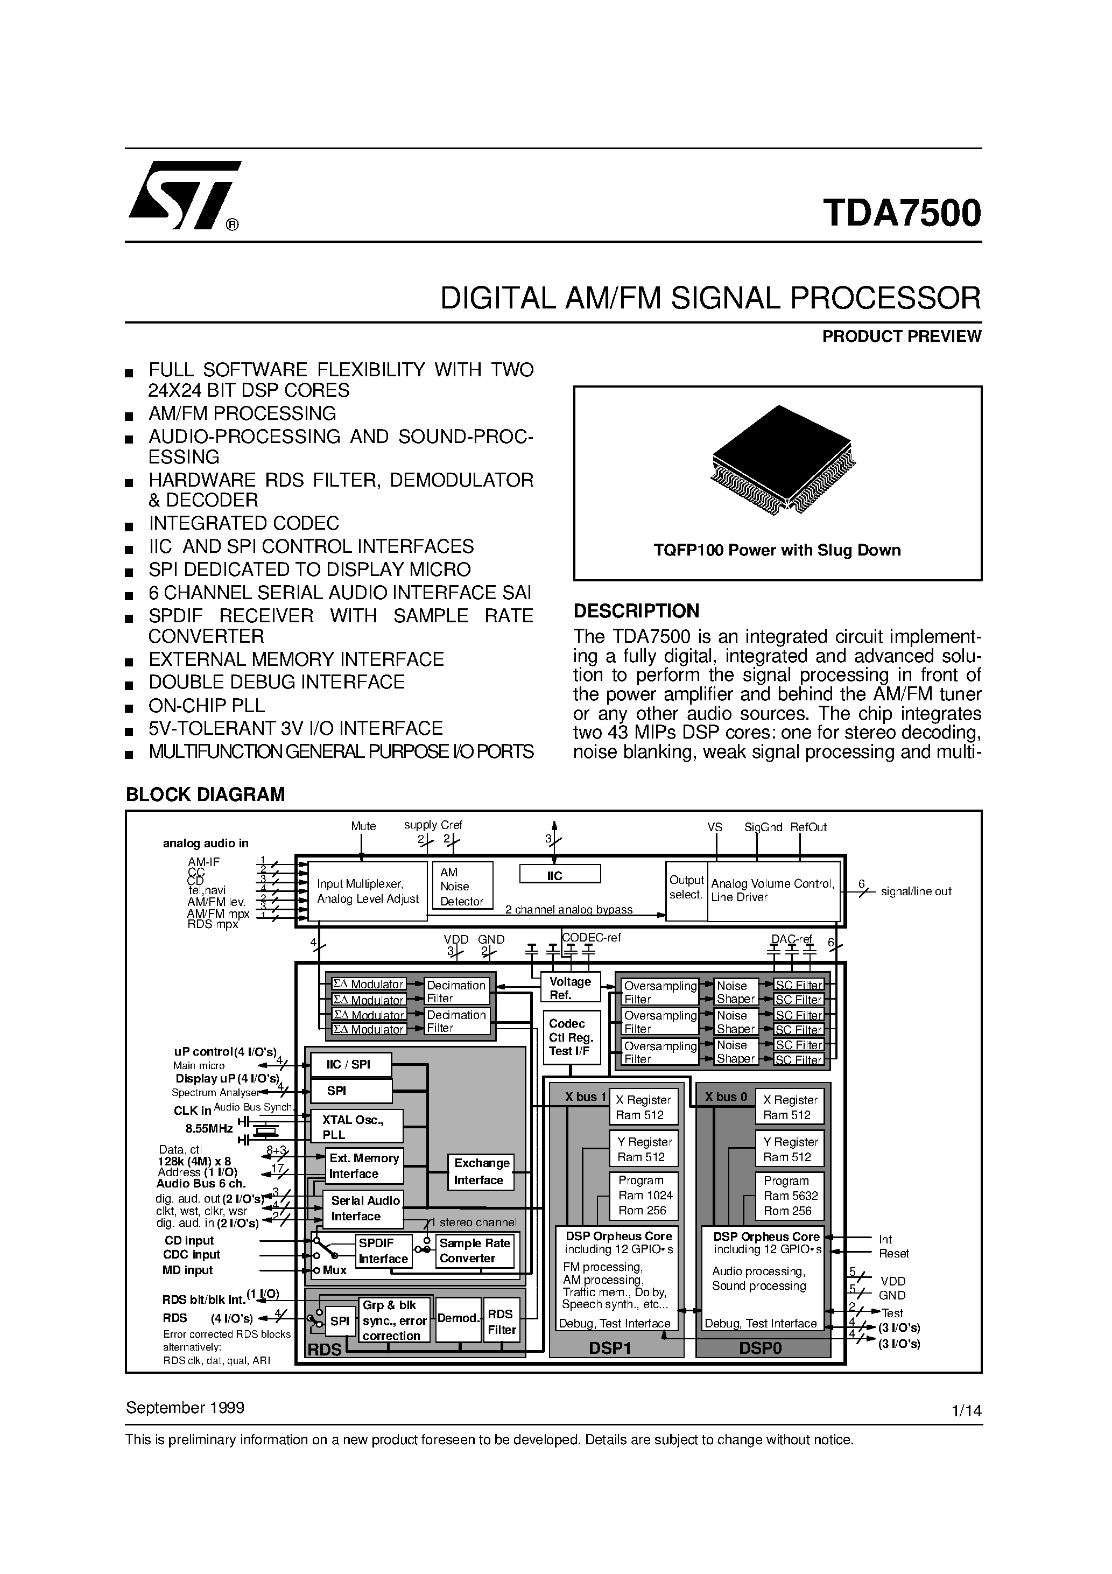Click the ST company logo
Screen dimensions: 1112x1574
[184, 195]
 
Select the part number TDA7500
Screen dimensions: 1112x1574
[902, 213]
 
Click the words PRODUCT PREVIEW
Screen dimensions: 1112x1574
[902, 336]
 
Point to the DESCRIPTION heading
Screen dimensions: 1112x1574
[636, 611]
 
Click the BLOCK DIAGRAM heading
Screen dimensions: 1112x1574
[205, 795]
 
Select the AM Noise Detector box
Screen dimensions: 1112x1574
[462, 886]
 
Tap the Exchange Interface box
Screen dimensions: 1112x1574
[482, 1171]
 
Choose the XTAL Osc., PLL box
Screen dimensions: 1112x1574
[356, 1126]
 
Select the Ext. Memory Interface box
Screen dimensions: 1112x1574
[363, 1166]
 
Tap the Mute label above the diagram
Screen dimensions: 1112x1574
[363, 826]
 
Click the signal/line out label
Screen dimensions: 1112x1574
[916, 891]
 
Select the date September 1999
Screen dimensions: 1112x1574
[185, 1408]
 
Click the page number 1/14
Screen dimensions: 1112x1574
[967, 1411]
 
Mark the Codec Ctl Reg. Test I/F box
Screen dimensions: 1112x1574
[571, 1037]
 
